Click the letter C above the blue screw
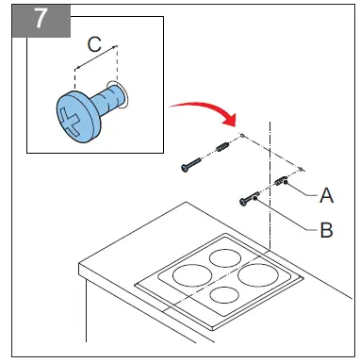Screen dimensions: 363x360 94,43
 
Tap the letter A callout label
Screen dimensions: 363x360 326,195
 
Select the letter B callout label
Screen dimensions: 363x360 326,228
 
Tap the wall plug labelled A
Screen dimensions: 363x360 281,181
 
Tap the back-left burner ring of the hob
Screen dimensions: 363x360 223,256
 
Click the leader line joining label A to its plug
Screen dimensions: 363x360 302,190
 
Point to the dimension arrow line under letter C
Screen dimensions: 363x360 95,57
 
